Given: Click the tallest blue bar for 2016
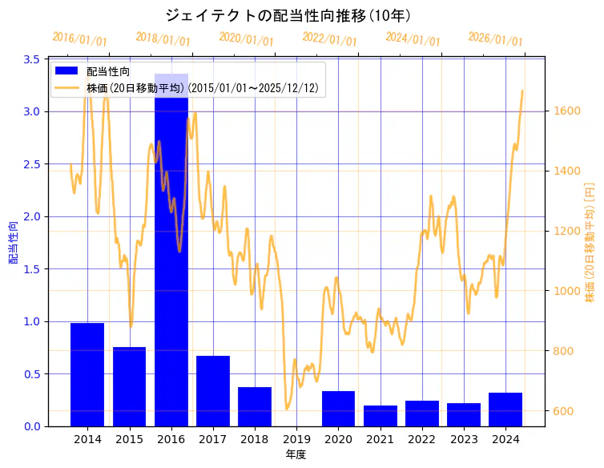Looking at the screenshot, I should pyautogui.click(x=171, y=256).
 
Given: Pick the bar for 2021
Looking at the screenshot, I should pyautogui.click(x=380, y=416).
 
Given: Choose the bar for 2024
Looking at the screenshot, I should pyautogui.click(x=505, y=409).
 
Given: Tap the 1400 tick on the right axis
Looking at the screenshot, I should pyautogui.click(x=564, y=171).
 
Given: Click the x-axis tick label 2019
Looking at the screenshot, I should pyautogui.click(x=296, y=439).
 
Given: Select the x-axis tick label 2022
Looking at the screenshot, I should pyautogui.click(x=421, y=439).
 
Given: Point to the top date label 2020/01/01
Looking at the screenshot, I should pyautogui.click(x=246, y=38).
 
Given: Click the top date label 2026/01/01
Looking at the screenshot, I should pyautogui.click(x=495, y=38).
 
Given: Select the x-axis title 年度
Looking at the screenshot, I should pyautogui.click(x=296, y=454).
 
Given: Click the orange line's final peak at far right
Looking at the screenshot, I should pyautogui.click(x=522, y=91).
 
